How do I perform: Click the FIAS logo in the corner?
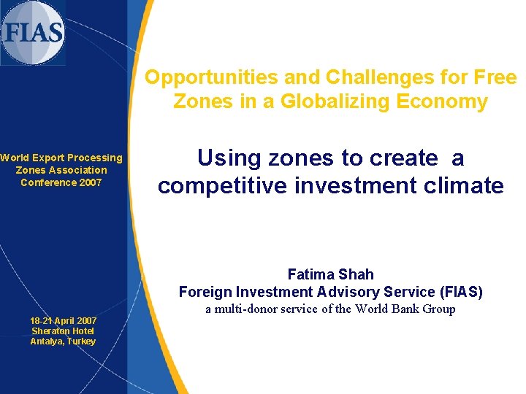[33, 33]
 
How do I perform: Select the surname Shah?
[357, 274]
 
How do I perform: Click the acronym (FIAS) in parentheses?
[456, 292]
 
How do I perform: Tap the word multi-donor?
[248, 309]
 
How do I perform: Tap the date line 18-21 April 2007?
[63, 321]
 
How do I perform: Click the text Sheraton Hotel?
[63, 331]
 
